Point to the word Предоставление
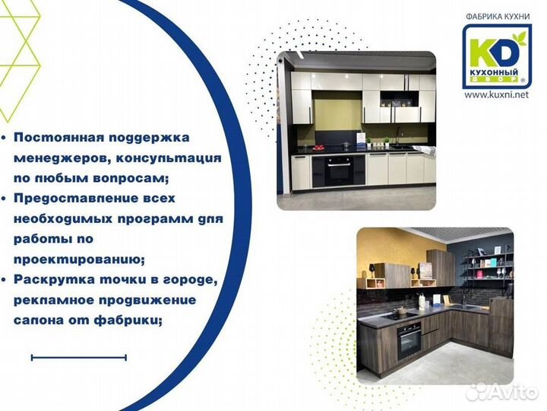tap(73, 198)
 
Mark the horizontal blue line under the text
tap(79, 356)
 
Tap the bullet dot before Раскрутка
tap(5, 280)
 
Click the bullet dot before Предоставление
tap(5, 199)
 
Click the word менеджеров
tap(56, 158)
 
